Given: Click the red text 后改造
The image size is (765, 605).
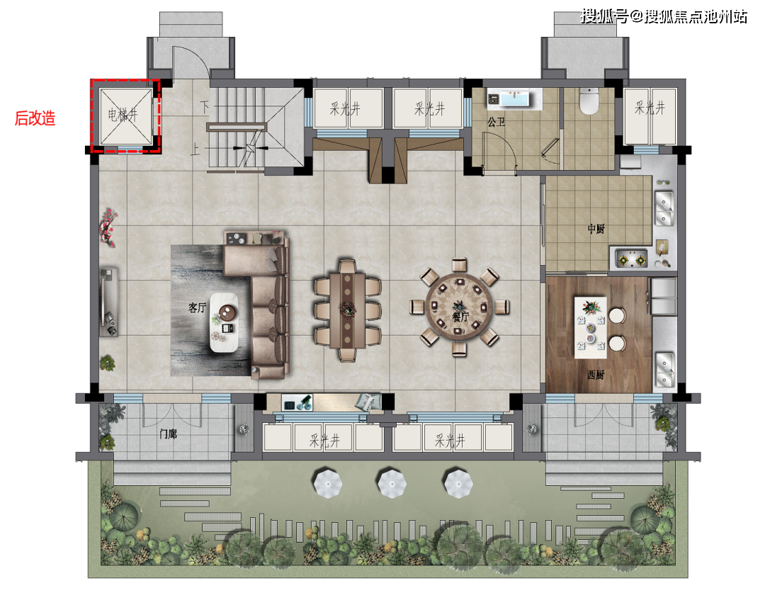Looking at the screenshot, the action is coord(35,118).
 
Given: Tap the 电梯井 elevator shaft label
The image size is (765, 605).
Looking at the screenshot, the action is coord(123,115).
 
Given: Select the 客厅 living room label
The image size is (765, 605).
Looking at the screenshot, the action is coord(197,308).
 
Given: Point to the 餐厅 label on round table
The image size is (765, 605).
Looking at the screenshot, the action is coord(460,317).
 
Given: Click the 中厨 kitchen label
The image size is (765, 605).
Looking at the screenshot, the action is coord(596,229).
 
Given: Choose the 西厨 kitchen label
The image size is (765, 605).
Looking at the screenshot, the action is coord(596,375).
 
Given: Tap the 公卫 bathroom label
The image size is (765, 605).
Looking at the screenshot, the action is coord(496,122).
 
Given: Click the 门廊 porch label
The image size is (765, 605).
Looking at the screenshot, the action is coord(169,434).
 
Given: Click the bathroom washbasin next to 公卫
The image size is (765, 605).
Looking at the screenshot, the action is coord(515,98).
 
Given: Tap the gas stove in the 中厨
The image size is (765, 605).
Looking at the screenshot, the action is coord(632,259).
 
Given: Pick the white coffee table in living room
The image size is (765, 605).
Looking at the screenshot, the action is coord(224,322).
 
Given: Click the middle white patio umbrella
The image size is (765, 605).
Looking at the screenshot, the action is coord(392,483).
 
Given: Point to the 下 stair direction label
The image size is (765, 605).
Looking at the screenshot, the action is coord(205,106).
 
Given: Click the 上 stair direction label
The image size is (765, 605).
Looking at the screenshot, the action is coord(195,149).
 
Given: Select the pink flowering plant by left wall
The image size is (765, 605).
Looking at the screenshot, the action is coord(108,227).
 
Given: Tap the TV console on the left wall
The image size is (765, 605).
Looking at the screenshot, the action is coord(109,302).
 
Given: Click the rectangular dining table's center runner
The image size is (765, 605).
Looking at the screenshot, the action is coord(347,310).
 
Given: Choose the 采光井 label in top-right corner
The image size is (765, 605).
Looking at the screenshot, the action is coord(650,108).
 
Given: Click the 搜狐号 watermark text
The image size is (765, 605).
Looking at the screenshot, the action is coord(604,16).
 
